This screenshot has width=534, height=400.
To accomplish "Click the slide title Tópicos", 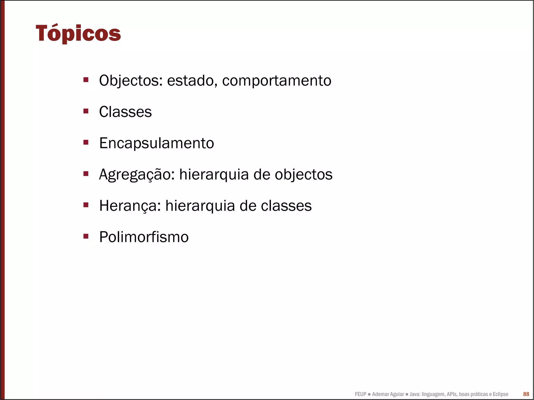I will [78, 33].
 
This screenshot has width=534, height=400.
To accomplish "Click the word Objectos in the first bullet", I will [129, 81].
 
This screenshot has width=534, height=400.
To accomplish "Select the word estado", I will [192, 81].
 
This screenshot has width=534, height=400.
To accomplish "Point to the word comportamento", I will [277, 81].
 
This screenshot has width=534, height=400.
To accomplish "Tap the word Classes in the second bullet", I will [125, 112].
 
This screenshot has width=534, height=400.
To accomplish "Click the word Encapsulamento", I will [156, 143].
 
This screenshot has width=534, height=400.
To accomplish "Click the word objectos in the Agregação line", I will [304, 174].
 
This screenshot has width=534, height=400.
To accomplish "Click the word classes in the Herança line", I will [286, 206].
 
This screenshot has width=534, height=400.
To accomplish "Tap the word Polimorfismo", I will [144, 237].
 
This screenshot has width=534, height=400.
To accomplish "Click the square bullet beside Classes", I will [86, 111].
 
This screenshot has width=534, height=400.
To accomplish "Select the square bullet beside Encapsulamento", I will [86, 142].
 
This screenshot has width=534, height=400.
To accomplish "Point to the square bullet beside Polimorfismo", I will [86, 236].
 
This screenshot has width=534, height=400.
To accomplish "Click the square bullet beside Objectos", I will [86, 80].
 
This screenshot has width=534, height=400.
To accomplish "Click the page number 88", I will [526, 394].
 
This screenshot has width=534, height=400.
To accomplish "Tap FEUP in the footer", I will [360, 394].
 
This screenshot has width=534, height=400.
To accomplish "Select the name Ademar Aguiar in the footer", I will [388, 394].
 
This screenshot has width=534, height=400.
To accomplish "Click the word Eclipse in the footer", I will [500, 394].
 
